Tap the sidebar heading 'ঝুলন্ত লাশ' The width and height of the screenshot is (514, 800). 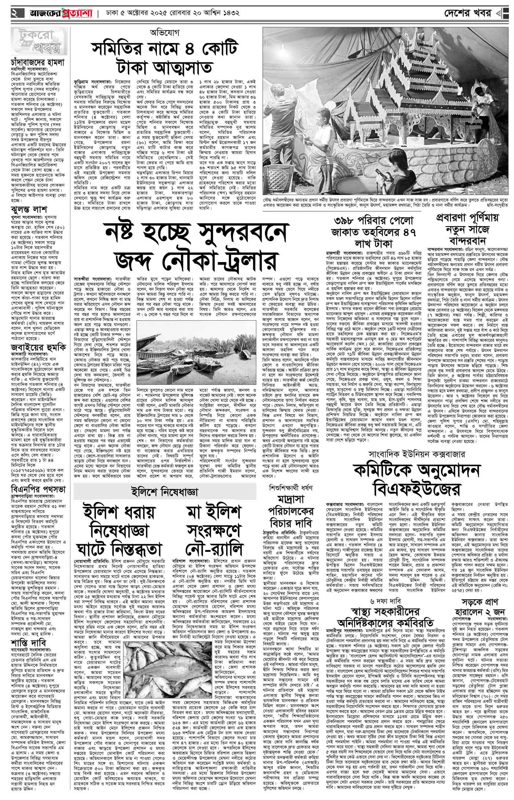29,210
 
